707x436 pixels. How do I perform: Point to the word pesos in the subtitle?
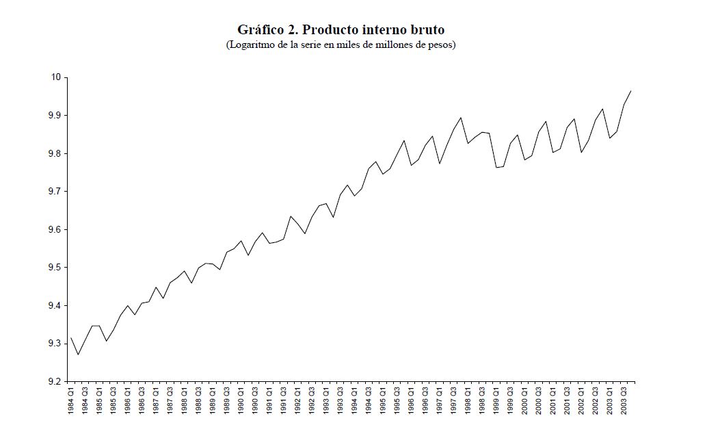pos(439,45)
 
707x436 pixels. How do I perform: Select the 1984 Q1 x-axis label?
pos(71,401)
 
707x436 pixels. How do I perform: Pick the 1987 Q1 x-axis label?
pos(156,401)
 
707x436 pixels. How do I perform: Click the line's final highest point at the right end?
pos(630,90)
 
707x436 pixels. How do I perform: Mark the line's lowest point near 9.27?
pos(78,355)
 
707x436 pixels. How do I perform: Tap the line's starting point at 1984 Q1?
pos(71,337)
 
